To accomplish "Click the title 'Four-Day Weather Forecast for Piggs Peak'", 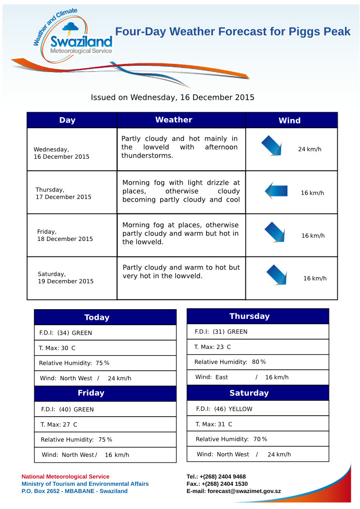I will (x=233, y=32).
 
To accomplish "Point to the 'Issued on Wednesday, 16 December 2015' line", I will (x=173, y=97).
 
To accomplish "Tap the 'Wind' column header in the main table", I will (x=289, y=120).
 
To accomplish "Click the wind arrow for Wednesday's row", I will (x=271, y=146).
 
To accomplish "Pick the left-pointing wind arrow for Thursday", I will (x=276, y=191).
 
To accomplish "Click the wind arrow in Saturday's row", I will (x=277, y=275).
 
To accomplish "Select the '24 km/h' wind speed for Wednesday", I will (x=310, y=149).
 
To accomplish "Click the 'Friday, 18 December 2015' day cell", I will (x=65, y=235).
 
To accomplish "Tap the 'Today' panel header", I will (x=97, y=317).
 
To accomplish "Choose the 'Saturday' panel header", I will (x=249, y=393).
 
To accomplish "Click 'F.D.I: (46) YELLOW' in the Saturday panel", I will (x=225, y=409).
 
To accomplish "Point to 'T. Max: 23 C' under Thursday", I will (x=212, y=347).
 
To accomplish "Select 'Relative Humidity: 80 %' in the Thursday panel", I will (x=230, y=362).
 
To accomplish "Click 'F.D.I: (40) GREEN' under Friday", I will (x=67, y=409).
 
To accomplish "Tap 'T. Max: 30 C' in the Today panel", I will (x=57, y=348).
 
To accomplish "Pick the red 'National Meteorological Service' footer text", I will (x=65, y=477).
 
